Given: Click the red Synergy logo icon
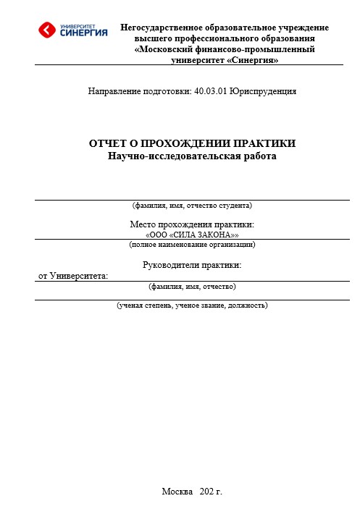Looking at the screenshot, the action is click(47, 30).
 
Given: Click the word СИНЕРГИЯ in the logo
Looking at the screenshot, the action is click(84, 33).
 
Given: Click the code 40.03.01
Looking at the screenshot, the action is click(211, 92).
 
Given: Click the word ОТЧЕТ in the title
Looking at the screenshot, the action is click(108, 143).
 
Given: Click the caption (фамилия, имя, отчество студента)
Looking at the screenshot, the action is click(192, 206).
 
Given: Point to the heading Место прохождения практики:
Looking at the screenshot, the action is click(192, 225).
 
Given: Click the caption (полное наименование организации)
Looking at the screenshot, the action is click(192, 245).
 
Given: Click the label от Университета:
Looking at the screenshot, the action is click(72, 276).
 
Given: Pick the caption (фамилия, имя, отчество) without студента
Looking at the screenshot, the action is click(192, 287).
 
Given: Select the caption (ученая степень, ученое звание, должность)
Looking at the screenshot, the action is click(193, 306).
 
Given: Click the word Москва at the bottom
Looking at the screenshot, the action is click(177, 492).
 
